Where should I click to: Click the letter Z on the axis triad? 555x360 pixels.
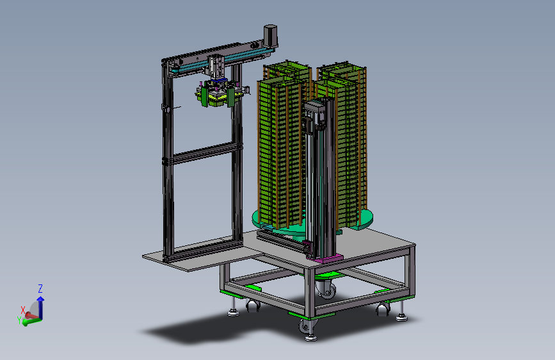(x=40, y=288)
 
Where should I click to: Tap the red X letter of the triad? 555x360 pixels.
(x=23, y=311)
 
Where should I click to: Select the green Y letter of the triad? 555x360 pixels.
(x=19, y=320)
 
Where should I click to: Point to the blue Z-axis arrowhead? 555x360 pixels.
(x=41, y=300)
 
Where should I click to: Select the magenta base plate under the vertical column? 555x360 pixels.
(x=325, y=259)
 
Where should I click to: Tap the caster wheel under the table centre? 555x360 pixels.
(x=326, y=288)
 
